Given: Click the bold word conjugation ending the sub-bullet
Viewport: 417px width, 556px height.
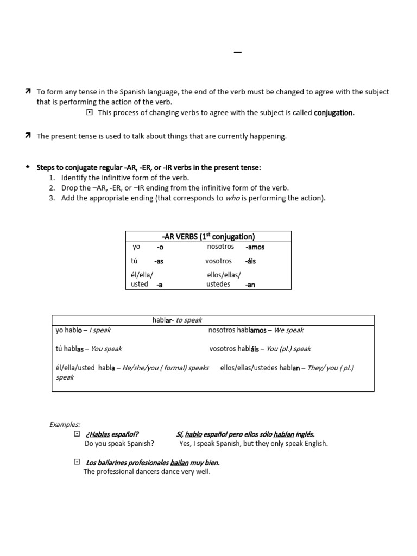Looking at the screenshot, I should pos(333,113).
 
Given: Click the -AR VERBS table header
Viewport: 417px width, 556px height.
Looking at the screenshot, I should pos(208,237).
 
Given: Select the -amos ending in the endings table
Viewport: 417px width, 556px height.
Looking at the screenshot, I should pos(255,247).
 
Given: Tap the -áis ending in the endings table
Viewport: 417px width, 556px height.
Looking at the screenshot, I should pos(250,261).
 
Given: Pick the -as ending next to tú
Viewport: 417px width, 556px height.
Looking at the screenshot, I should pos(159,261).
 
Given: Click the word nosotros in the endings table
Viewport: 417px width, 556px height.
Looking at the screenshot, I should pos(220,247).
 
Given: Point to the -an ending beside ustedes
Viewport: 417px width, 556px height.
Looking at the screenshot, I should pos(250,285).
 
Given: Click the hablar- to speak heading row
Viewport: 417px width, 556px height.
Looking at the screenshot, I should pos(177,320).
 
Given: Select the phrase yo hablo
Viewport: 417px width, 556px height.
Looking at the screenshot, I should pos(69,330).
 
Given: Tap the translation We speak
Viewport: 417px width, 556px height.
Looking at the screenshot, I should pos(288,330).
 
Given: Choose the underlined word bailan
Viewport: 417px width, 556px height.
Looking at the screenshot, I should pos(179,463).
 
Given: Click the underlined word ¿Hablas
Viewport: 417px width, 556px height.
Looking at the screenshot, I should pos(97,434).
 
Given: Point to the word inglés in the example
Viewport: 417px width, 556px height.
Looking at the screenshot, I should pos(305,434).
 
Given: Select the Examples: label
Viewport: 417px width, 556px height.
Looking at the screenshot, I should pos(65,424).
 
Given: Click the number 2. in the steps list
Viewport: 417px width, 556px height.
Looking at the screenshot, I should pos(52,188).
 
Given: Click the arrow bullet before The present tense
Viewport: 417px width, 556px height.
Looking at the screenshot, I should pos(28,136).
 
